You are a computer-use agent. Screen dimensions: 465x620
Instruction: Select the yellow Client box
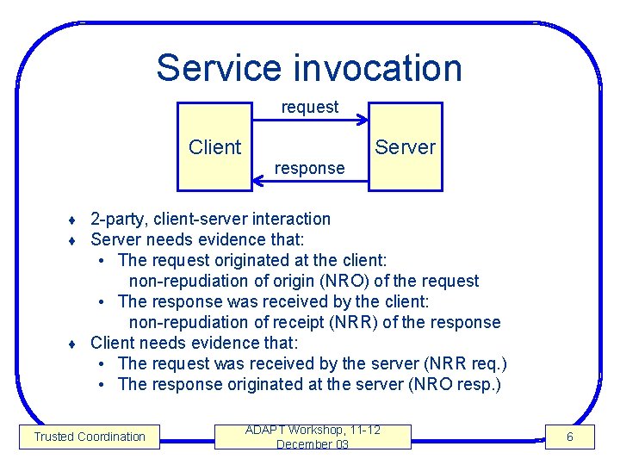point(214,146)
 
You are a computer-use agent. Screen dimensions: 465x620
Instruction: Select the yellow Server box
point(406,146)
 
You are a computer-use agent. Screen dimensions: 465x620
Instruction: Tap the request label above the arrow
point(310,107)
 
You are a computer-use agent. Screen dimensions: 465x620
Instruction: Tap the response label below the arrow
point(309,169)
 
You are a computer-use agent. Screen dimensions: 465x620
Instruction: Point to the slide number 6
point(569,437)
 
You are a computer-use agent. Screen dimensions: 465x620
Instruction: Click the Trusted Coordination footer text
point(90,437)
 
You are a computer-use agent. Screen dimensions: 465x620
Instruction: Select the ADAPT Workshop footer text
point(313,430)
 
